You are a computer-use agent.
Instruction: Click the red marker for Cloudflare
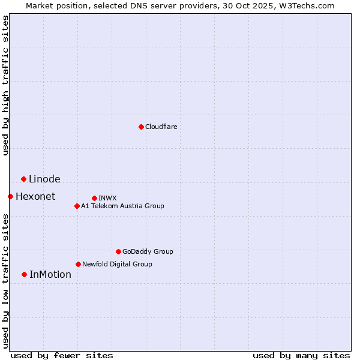pyautogui.click(x=141, y=127)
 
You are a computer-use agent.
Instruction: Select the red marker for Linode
pyautogui.click(x=23, y=179)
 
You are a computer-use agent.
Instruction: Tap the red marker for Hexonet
pyautogui.click(x=10, y=196)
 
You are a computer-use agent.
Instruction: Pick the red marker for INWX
pyautogui.click(x=94, y=198)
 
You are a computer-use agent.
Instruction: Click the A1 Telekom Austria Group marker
pyautogui.click(x=77, y=206)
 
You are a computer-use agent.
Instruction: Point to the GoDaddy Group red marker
pyautogui.click(x=118, y=251)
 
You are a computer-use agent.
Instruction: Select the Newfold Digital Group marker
pyautogui.click(x=78, y=264)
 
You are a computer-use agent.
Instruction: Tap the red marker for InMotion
pyautogui.click(x=24, y=274)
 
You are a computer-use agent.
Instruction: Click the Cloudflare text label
pyautogui.click(x=161, y=127)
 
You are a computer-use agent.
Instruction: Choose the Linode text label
pyautogui.click(x=44, y=179)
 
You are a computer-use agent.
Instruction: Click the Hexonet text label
pyautogui.click(x=35, y=196)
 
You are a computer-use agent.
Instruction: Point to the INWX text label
pyautogui.click(x=107, y=198)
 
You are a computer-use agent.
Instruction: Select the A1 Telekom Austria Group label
pyautogui.click(x=122, y=206)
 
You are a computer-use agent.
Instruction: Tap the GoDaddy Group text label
pyautogui.click(x=148, y=251)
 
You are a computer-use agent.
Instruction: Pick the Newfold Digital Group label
pyautogui.click(x=117, y=264)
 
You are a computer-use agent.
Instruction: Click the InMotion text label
pyautogui.click(x=50, y=274)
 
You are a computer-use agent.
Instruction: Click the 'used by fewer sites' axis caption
pyautogui.click(x=62, y=355)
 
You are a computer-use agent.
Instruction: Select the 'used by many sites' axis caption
pyautogui.click(x=301, y=355)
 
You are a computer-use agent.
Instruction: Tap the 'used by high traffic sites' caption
pyautogui.click(x=5, y=85)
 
